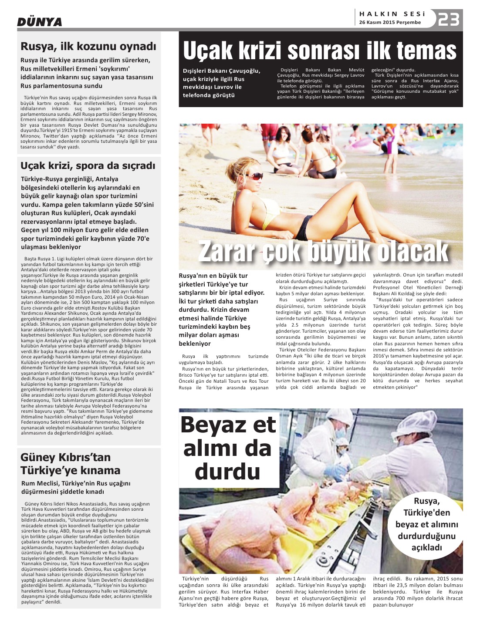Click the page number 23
[x=448, y=20]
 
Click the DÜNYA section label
[x=40, y=22]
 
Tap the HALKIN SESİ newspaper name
[x=391, y=13]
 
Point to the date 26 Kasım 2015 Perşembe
[x=390, y=22]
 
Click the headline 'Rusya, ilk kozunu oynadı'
[x=88, y=46]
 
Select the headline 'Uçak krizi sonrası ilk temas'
[x=320, y=51]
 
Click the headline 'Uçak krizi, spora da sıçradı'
[x=88, y=165]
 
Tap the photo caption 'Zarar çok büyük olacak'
[x=323, y=251]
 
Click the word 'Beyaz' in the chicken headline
[x=228, y=425]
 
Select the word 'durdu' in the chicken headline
[x=228, y=472]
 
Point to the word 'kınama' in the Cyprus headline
[x=98, y=470]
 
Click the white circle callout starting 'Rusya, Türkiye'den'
[x=426, y=524]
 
